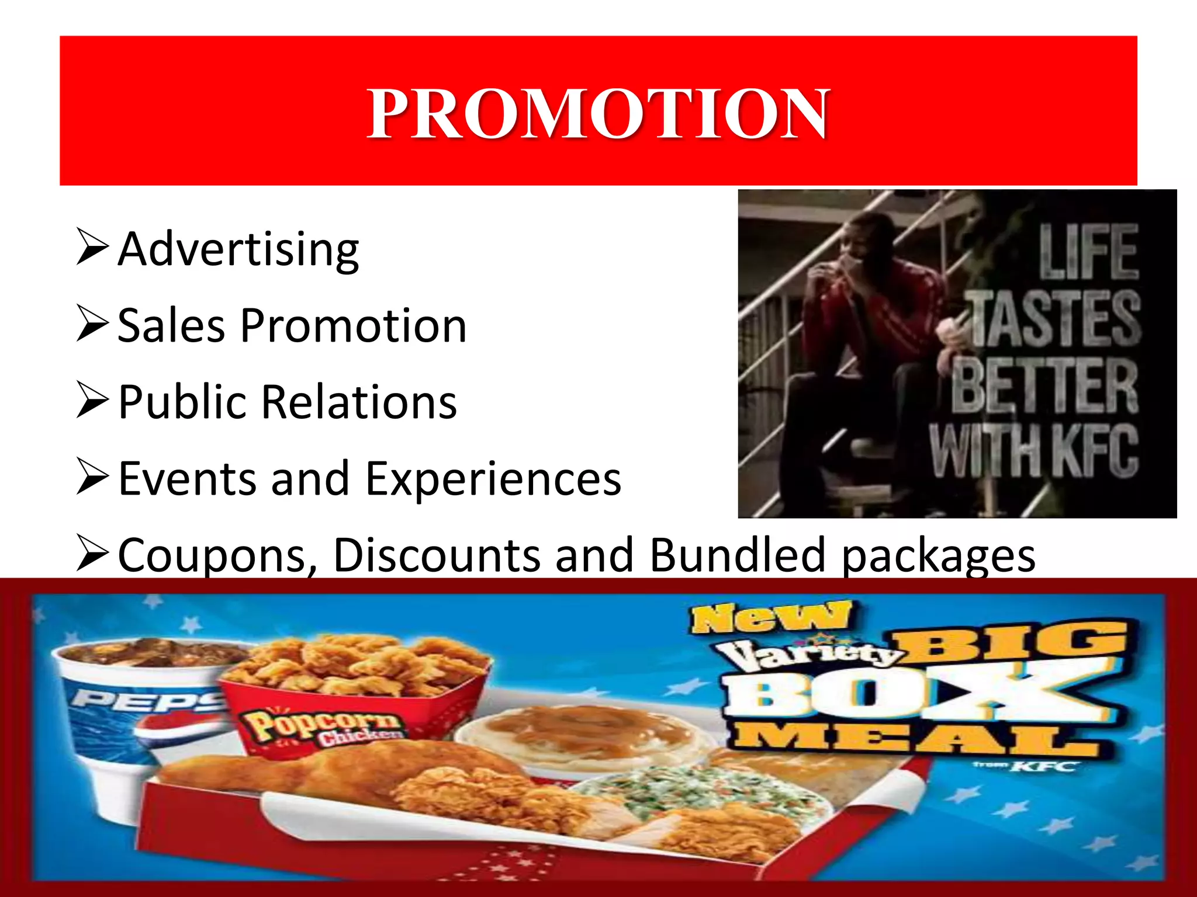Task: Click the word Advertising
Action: pyautogui.click(x=238, y=250)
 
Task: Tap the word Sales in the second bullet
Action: pyautogui.click(x=171, y=326)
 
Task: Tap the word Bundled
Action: pyautogui.click(x=736, y=555)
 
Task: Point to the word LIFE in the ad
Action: pyautogui.click(x=1088, y=252)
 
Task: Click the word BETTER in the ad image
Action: pyautogui.click(x=1044, y=385)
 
